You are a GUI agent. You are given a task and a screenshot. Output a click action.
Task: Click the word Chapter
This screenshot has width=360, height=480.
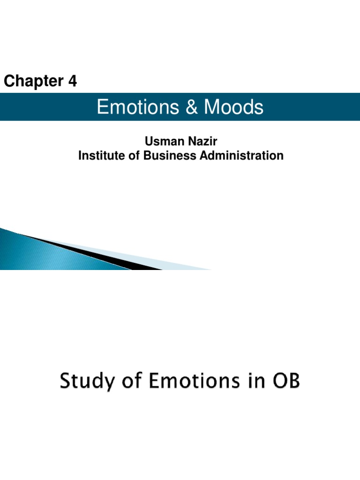pyautogui.click(x=33, y=82)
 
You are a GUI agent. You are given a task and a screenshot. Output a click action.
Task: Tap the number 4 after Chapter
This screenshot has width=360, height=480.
pyautogui.click(x=72, y=82)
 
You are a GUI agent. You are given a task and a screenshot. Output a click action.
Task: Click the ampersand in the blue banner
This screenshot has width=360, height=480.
pyautogui.click(x=192, y=108)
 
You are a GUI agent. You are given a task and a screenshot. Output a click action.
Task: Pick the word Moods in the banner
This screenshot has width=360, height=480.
pyautogui.click(x=233, y=108)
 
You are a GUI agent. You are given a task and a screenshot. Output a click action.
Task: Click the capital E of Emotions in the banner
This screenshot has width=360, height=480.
pyautogui.click(x=102, y=108)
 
